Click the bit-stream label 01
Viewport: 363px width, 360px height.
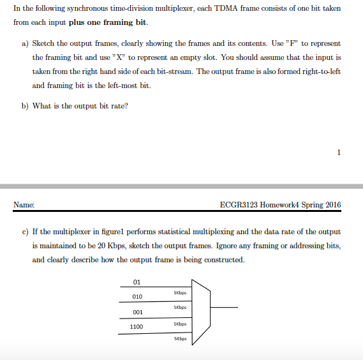(x=137, y=282)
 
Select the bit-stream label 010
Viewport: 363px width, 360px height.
(x=137, y=297)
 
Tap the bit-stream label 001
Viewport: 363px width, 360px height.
(x=137, y=312)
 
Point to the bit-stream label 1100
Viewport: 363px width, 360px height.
(x=137, y=327)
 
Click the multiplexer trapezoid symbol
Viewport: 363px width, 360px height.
(x=200, y=311)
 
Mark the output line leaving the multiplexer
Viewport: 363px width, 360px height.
(x=223, y=308)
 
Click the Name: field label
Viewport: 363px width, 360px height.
(x=24, y=205)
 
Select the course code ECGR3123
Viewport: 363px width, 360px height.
(x=237, y=205)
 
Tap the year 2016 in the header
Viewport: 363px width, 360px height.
(x=332, y=205)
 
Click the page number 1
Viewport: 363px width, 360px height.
(x=339, y=152)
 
